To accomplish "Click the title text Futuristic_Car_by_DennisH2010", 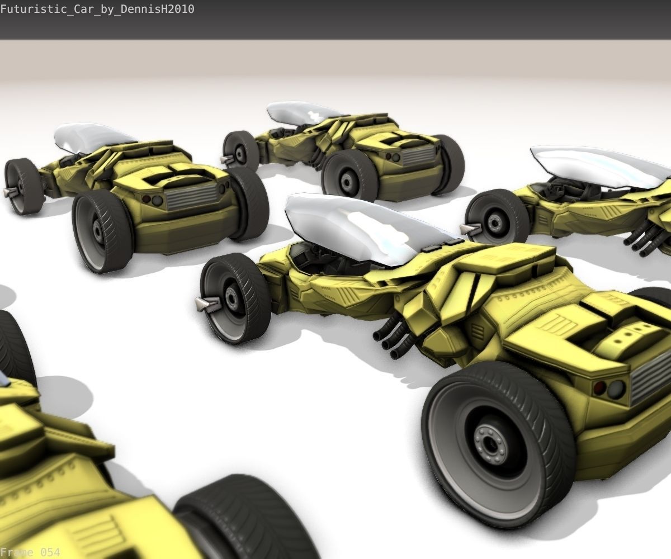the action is pos(97,9).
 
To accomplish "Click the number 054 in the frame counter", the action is pos(50,552).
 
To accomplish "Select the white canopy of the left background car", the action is pos(90,136).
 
